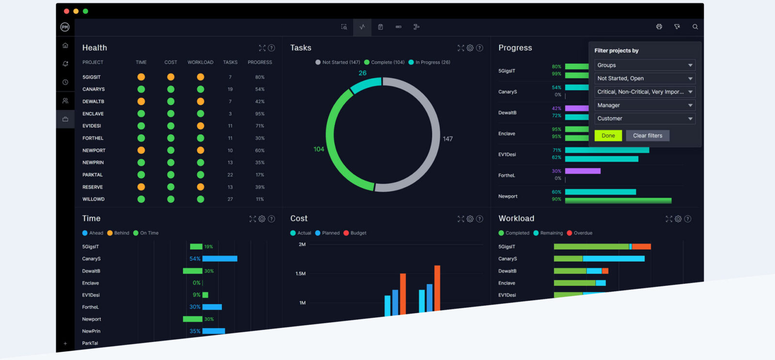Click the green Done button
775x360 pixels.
pyautogui.click(x=608, y=136)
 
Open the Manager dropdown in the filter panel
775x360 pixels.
pyautogui.click(x=644, y=105)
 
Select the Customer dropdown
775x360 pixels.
pyautogui.click(x=644, y=119)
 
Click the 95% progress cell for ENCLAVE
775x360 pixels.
pyautogui.click(x=260, y=114)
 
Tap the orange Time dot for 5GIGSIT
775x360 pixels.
pyautogui.click(x=141, y=77)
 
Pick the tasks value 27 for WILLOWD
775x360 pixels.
pyautogui.click(x=230, y=199)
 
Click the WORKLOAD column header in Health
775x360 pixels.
pyautogui.click(x=200, y=63)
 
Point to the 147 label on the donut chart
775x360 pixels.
pyautogui.click(x=448, y=139)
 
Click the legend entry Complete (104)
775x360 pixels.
pyautogui.click(x=385, y=63)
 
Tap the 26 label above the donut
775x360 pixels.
pyautogui.click(x=362, y=73)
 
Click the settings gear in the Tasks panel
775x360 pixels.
pyautogui.click(x=470, y=48)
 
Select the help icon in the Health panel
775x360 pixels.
pyautogui.click(x=271, y=48)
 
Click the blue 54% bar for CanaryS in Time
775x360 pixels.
pyautogui.click(x=219, y=259)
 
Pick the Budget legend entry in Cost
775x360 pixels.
pyautogui.click(x=355, y=233)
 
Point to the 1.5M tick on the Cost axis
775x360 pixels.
pyautogui.click(x=300, y=274)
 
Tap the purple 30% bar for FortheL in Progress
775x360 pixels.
pyautogui.click(x=583, y=171)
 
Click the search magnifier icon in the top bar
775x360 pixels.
pyautogui.click(x=695, y=27)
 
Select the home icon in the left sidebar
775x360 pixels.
pyautogui.click(x=65, y=46)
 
